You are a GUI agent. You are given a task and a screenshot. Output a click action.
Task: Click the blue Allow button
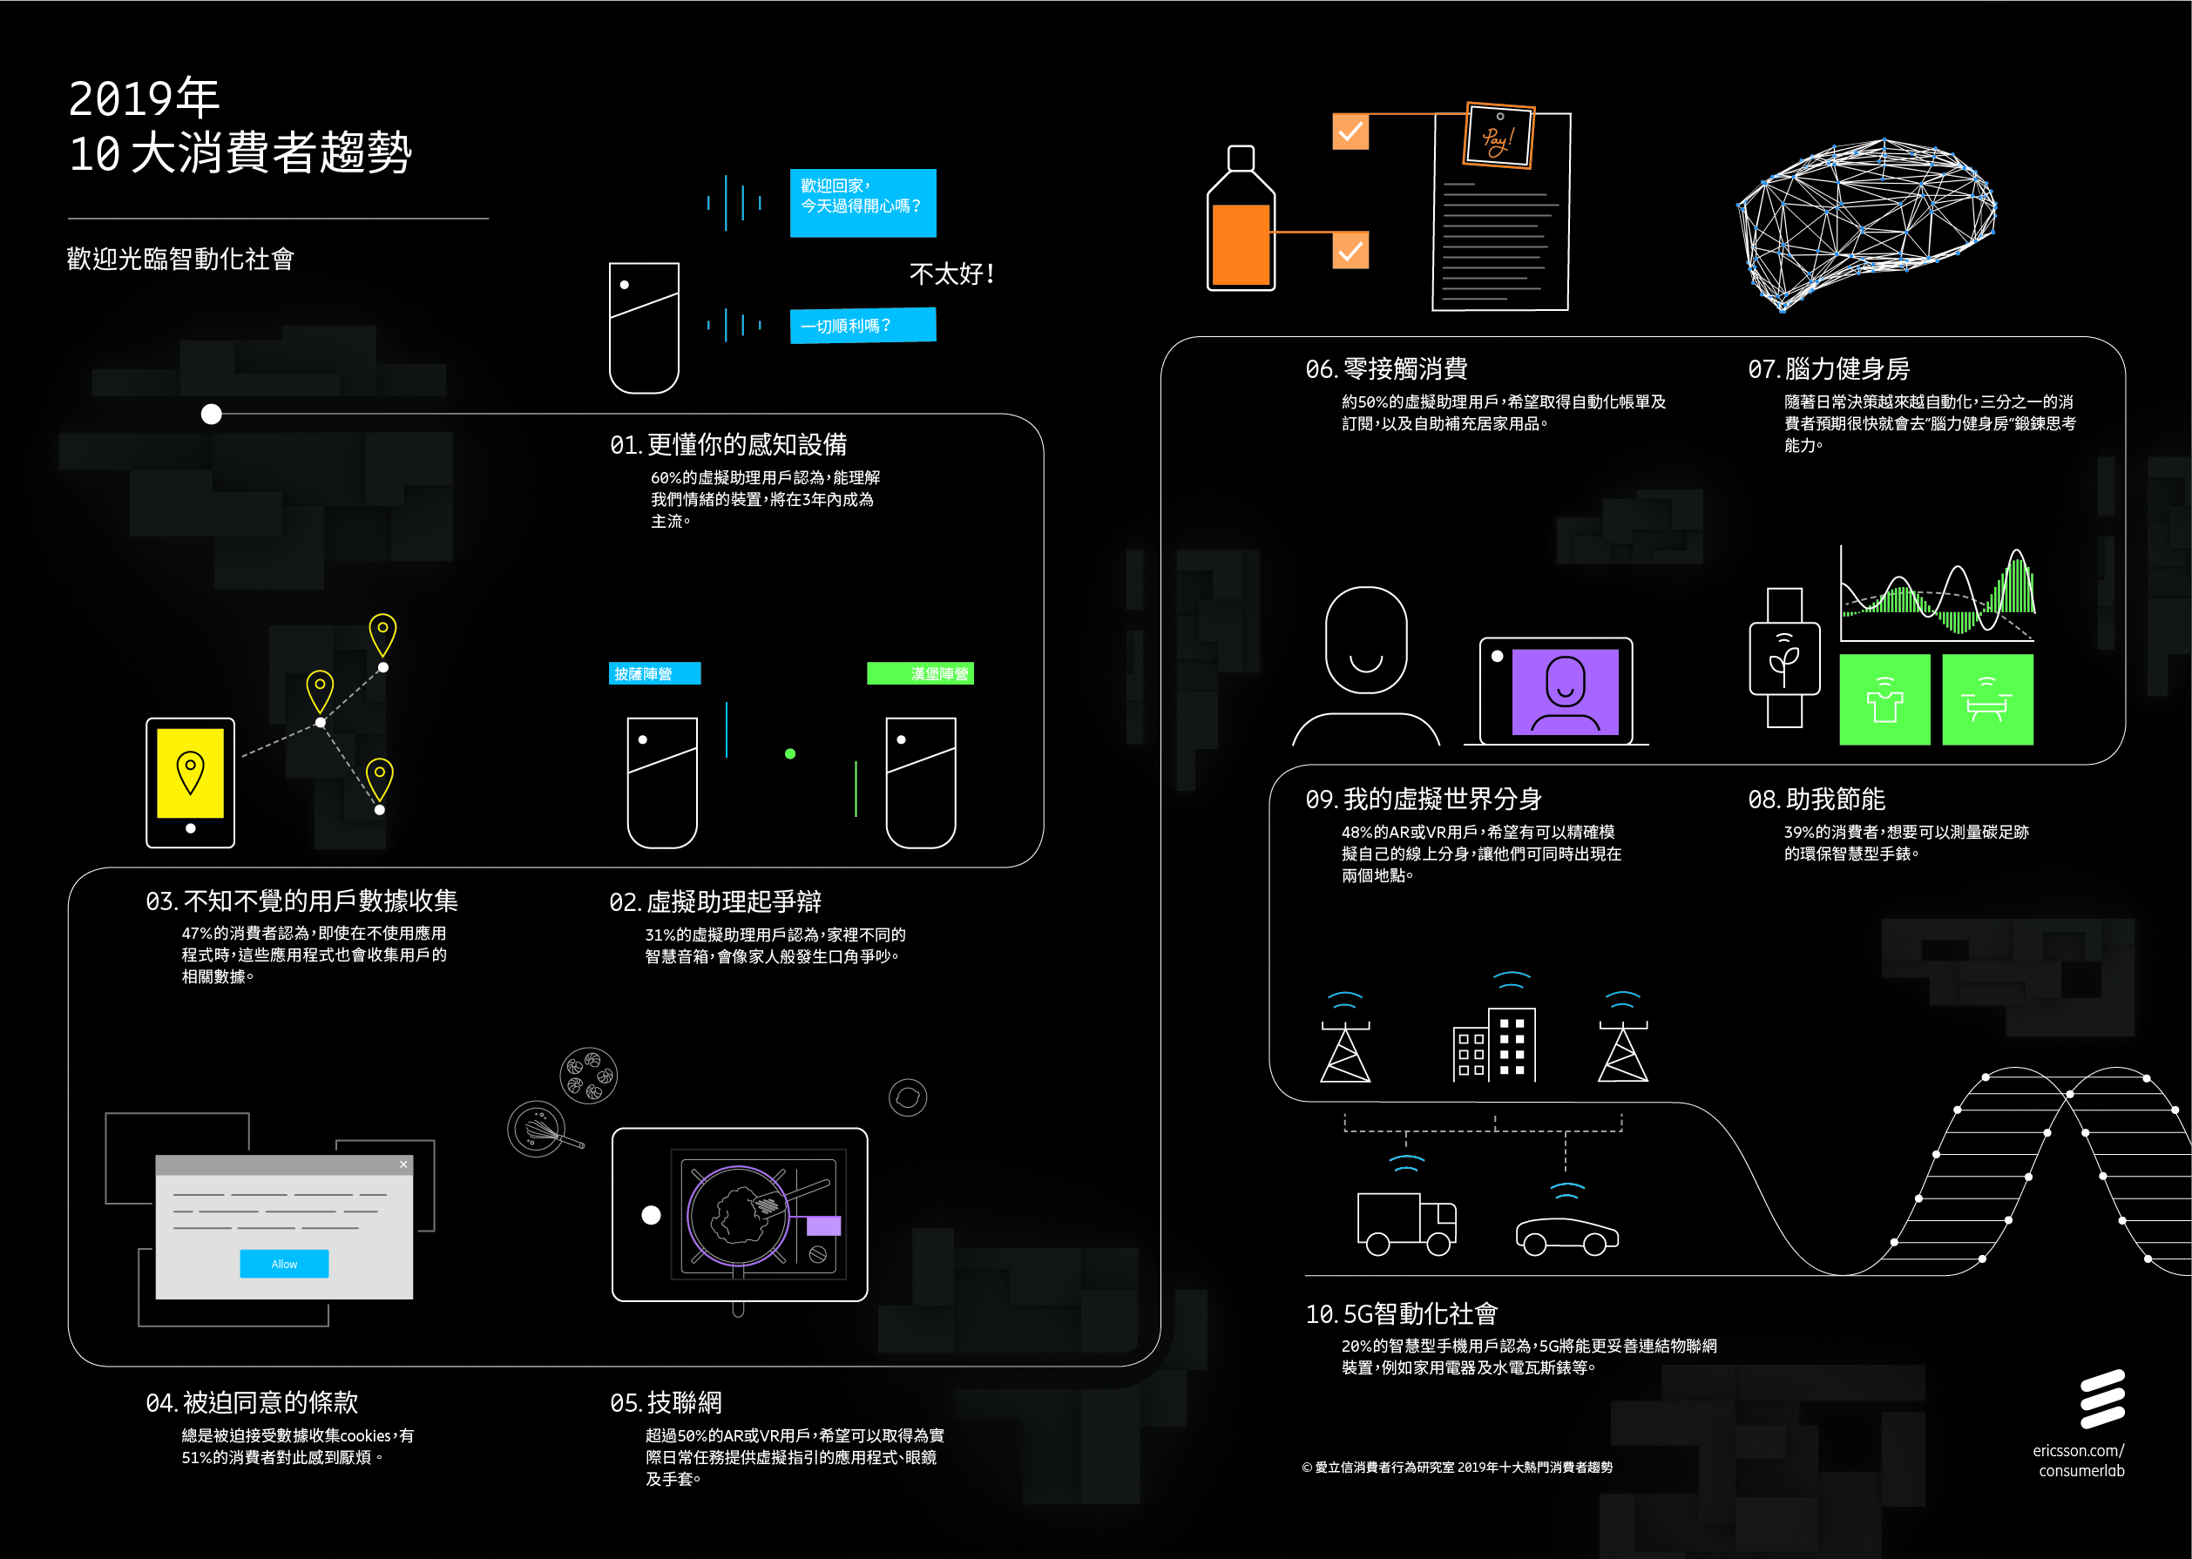pyautogui.click(x=284, y=1264)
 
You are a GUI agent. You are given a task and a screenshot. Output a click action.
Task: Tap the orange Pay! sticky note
pyautogui.click(x=1499, y=137)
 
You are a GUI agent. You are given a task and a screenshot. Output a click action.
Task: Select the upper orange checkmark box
pyautogui.click(x=1350, y=132)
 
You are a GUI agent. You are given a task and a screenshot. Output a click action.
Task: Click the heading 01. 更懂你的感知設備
pyautogui.click(x=727, y=444)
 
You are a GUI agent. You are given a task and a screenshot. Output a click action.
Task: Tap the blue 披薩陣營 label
pyautogui.click(x=654, y=674)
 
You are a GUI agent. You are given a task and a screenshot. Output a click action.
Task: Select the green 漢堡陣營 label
pyautogui.click(x=920, y=674)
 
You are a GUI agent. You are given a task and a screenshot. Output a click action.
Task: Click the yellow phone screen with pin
pyautogui.click(x=190, y=773)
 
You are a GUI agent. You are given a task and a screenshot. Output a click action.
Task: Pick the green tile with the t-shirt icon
pyautogui.click(x=1884, y=700)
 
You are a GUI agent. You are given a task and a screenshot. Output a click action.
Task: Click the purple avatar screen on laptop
pyautogui.click(x=1565, y=692)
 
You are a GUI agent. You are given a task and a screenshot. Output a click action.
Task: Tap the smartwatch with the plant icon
pyautogui.click(x=1784, y=658)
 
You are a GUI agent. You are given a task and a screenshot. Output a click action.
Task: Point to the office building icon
pyautogui.click(x=1495, y=1044)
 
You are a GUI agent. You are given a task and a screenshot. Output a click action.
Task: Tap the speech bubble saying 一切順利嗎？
pyautogui.click(x=863, y=326)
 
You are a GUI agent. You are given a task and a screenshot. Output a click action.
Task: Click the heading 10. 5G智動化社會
pyautogui.click(x=1401, y=1313)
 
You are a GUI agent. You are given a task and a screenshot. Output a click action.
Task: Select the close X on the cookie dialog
pyautogui.click(x=403, y=1164)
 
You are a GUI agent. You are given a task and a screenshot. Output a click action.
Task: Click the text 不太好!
pyautogui.click(x=951, y=274)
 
